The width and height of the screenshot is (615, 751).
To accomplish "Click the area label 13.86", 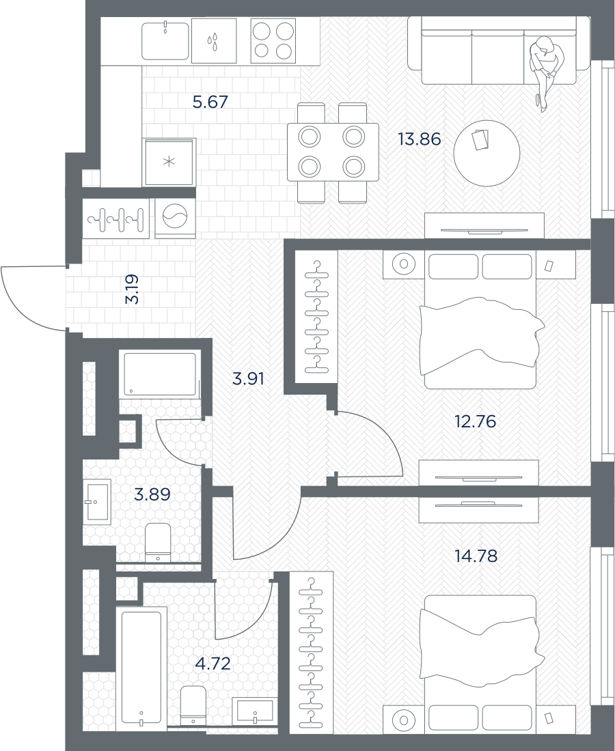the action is [419, 139].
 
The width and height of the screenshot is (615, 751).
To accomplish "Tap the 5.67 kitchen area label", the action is [210, 102].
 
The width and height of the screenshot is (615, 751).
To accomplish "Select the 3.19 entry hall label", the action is [132, 289].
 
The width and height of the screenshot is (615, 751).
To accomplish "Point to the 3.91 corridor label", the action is [248, 380].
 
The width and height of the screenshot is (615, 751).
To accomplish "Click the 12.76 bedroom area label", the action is [475, 421].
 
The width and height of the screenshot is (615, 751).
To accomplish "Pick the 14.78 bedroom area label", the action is [476, 556].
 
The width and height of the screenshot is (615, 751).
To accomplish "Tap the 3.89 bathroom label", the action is [152, 494].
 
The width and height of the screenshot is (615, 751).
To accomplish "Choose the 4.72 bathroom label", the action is [213, 664].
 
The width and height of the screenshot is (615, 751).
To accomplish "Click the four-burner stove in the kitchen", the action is [273, 40].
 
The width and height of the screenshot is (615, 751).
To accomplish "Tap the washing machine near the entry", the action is [175, 218].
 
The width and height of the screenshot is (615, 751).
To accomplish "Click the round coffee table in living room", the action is [487, 153].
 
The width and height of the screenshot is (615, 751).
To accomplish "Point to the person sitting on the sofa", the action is [545, 72].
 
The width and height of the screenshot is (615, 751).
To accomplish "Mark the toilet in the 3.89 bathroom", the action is [158, 542].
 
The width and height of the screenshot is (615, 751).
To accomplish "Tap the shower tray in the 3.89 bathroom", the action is [160, 375].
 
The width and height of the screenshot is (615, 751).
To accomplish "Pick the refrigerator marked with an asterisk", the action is [169, 162].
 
